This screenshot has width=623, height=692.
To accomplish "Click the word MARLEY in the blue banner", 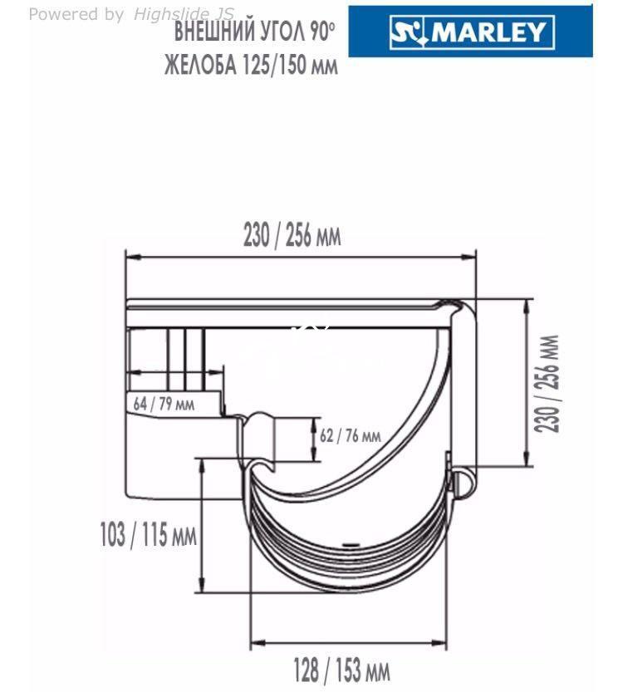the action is (x=489, y=32).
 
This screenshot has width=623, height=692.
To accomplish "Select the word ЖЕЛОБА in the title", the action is (x=200, y=65).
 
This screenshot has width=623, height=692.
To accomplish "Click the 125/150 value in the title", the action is (x=274, y=65).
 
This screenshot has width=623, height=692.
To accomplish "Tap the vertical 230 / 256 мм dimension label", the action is (x=547, y=383).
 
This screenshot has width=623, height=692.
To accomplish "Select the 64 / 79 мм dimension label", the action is (x=164, y=404).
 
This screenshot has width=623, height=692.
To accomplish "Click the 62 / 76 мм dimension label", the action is (x=350, y=436).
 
